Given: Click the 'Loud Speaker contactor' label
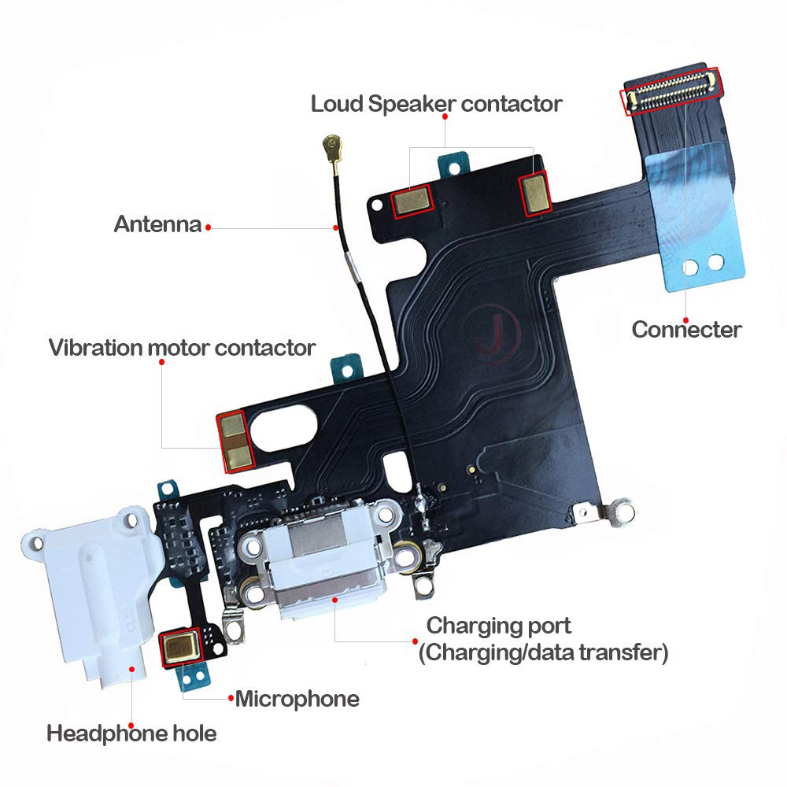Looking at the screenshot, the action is [436, 103].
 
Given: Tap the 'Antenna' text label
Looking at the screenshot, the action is [157, 224].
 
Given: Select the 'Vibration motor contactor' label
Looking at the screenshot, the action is [182, 347].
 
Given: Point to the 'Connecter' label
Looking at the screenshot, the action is [686, 329].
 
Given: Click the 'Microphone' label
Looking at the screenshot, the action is [297, 698].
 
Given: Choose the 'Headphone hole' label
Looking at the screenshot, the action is [131, 734].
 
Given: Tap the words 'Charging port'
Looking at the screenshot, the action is [498, 626].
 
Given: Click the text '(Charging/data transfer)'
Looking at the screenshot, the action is [543, 652].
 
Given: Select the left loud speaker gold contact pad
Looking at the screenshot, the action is [412, 200].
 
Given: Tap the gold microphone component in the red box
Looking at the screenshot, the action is [182, 647].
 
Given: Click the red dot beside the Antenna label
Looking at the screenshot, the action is [209, 227].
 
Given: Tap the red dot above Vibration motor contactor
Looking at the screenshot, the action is [161, 362].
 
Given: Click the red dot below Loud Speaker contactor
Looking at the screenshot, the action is [445, 117].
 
